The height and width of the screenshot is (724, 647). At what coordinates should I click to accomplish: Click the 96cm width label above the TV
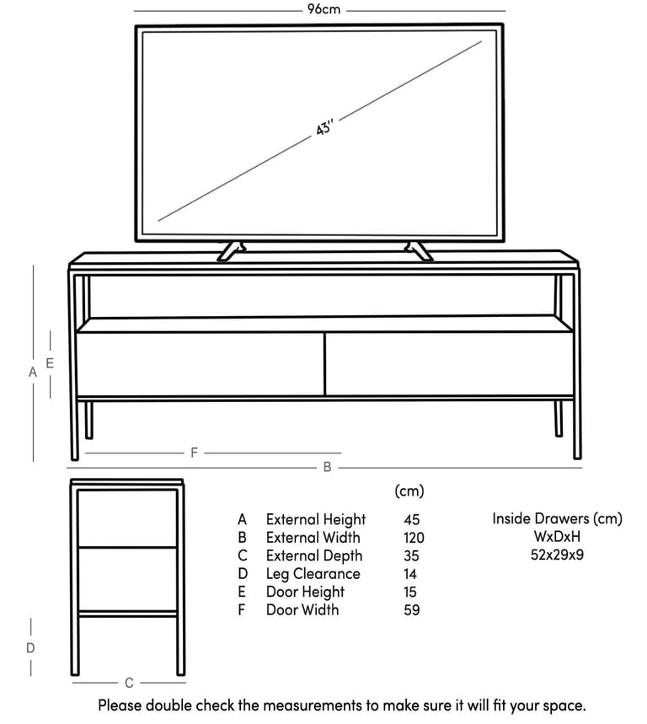pos(324,9)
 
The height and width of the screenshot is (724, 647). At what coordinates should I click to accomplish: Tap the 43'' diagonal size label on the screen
pos(324,127)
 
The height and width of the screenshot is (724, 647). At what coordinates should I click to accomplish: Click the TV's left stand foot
pos(231,251)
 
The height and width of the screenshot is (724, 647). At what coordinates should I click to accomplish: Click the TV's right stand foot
pos(419,251)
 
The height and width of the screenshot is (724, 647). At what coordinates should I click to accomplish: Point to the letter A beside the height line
pos(32,372)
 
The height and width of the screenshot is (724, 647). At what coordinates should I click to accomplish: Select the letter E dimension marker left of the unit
pos(50,363)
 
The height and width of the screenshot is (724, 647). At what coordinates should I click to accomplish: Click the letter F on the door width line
pos(194,453)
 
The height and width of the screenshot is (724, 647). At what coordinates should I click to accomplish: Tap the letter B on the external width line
pos(327,467)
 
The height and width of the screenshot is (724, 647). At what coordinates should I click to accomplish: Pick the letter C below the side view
pos(129,683)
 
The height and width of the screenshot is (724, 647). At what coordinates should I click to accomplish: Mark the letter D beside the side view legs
pos(30,648)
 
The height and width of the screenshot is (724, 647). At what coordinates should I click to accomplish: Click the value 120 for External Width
pos(414,538)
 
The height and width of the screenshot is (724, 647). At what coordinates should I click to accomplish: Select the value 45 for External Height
pos(412,519)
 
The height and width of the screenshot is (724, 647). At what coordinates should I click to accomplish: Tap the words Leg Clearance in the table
pos(313,573)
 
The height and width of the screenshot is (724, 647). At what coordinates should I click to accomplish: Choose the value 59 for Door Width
pos(412,610)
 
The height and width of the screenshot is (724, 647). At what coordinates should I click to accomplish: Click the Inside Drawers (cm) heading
pos(557,518)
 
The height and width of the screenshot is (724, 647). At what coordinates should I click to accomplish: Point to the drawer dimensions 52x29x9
pos(557,555)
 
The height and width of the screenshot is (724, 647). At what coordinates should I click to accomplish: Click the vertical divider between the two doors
pos(325,364)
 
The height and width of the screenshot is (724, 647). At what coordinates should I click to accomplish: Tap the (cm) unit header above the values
pos(409,491)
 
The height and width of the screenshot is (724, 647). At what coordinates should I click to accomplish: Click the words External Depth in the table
pos(313,555)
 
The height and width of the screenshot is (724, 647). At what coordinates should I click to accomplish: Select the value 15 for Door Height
pos(409,592)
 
